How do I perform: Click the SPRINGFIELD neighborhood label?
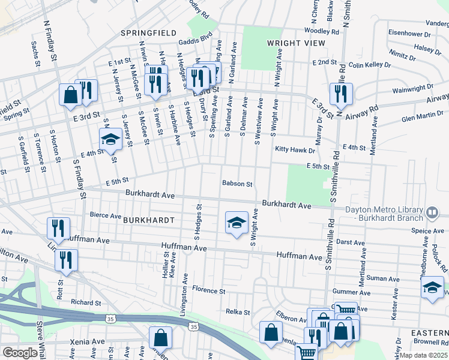(x=148, y=32)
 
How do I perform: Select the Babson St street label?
(x=237, y=184)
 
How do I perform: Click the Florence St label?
(x=208, y=290)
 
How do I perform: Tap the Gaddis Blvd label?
(x=196, y=42)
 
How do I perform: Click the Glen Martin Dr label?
(x=422, y=118)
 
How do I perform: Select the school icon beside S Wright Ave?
(x=237, y=222)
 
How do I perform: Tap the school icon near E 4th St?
(x=110, y=140)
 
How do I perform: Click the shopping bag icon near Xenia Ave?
(x=161, y=338)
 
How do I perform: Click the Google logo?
(x=20, y=353)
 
